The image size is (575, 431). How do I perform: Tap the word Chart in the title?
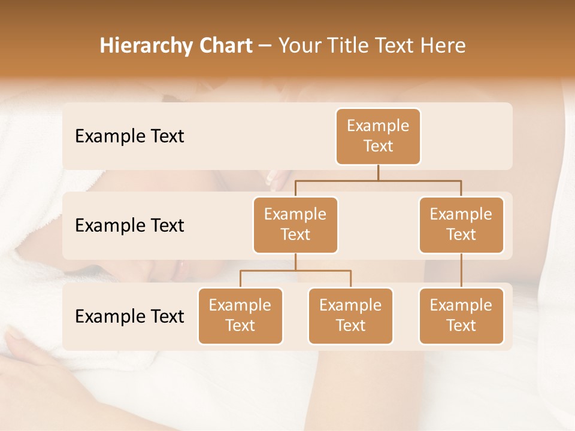[225, 46]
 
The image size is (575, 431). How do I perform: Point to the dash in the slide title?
[265, 46]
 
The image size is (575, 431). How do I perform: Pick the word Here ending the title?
[442, 46]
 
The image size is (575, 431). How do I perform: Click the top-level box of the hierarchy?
[378, 136]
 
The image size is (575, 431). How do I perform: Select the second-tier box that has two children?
[295, 224]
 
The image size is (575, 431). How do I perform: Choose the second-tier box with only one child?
[461, 224]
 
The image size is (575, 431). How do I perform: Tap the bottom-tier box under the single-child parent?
[461, 315]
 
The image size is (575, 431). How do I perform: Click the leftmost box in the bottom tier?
[240, 315]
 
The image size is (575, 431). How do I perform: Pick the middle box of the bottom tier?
[350, 315]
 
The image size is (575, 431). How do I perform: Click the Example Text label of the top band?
[129, 136]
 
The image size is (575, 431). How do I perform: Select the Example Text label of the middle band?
[129, 226]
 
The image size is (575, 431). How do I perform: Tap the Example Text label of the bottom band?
[129, 316]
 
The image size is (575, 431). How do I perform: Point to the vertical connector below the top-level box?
[378, 172]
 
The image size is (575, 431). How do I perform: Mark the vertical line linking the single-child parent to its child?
[461, 270]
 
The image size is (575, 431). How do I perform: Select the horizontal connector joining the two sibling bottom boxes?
[295, 271]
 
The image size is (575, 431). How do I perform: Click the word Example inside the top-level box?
[378, 126]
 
